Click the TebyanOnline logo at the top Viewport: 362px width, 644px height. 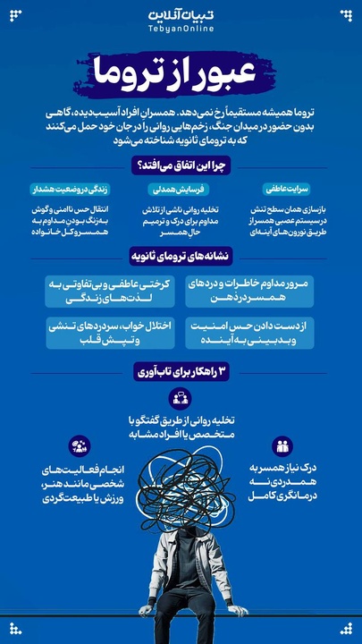click(x=181, y=22)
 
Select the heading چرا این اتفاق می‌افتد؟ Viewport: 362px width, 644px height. click(x=181, y=165)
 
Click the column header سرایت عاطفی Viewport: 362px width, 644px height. click(x=283, y=190)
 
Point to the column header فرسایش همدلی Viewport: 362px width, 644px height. click(x=181, y=190)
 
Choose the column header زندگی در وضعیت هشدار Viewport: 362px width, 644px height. click(x=78, y=190)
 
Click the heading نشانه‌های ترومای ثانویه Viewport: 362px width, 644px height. click(x=181, y=255)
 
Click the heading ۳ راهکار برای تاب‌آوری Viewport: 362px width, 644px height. click(x=181, y=371)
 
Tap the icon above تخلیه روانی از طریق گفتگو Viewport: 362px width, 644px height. click(x=181, y=400)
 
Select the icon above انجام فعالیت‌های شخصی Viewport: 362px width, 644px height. click(x=80, y=445)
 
